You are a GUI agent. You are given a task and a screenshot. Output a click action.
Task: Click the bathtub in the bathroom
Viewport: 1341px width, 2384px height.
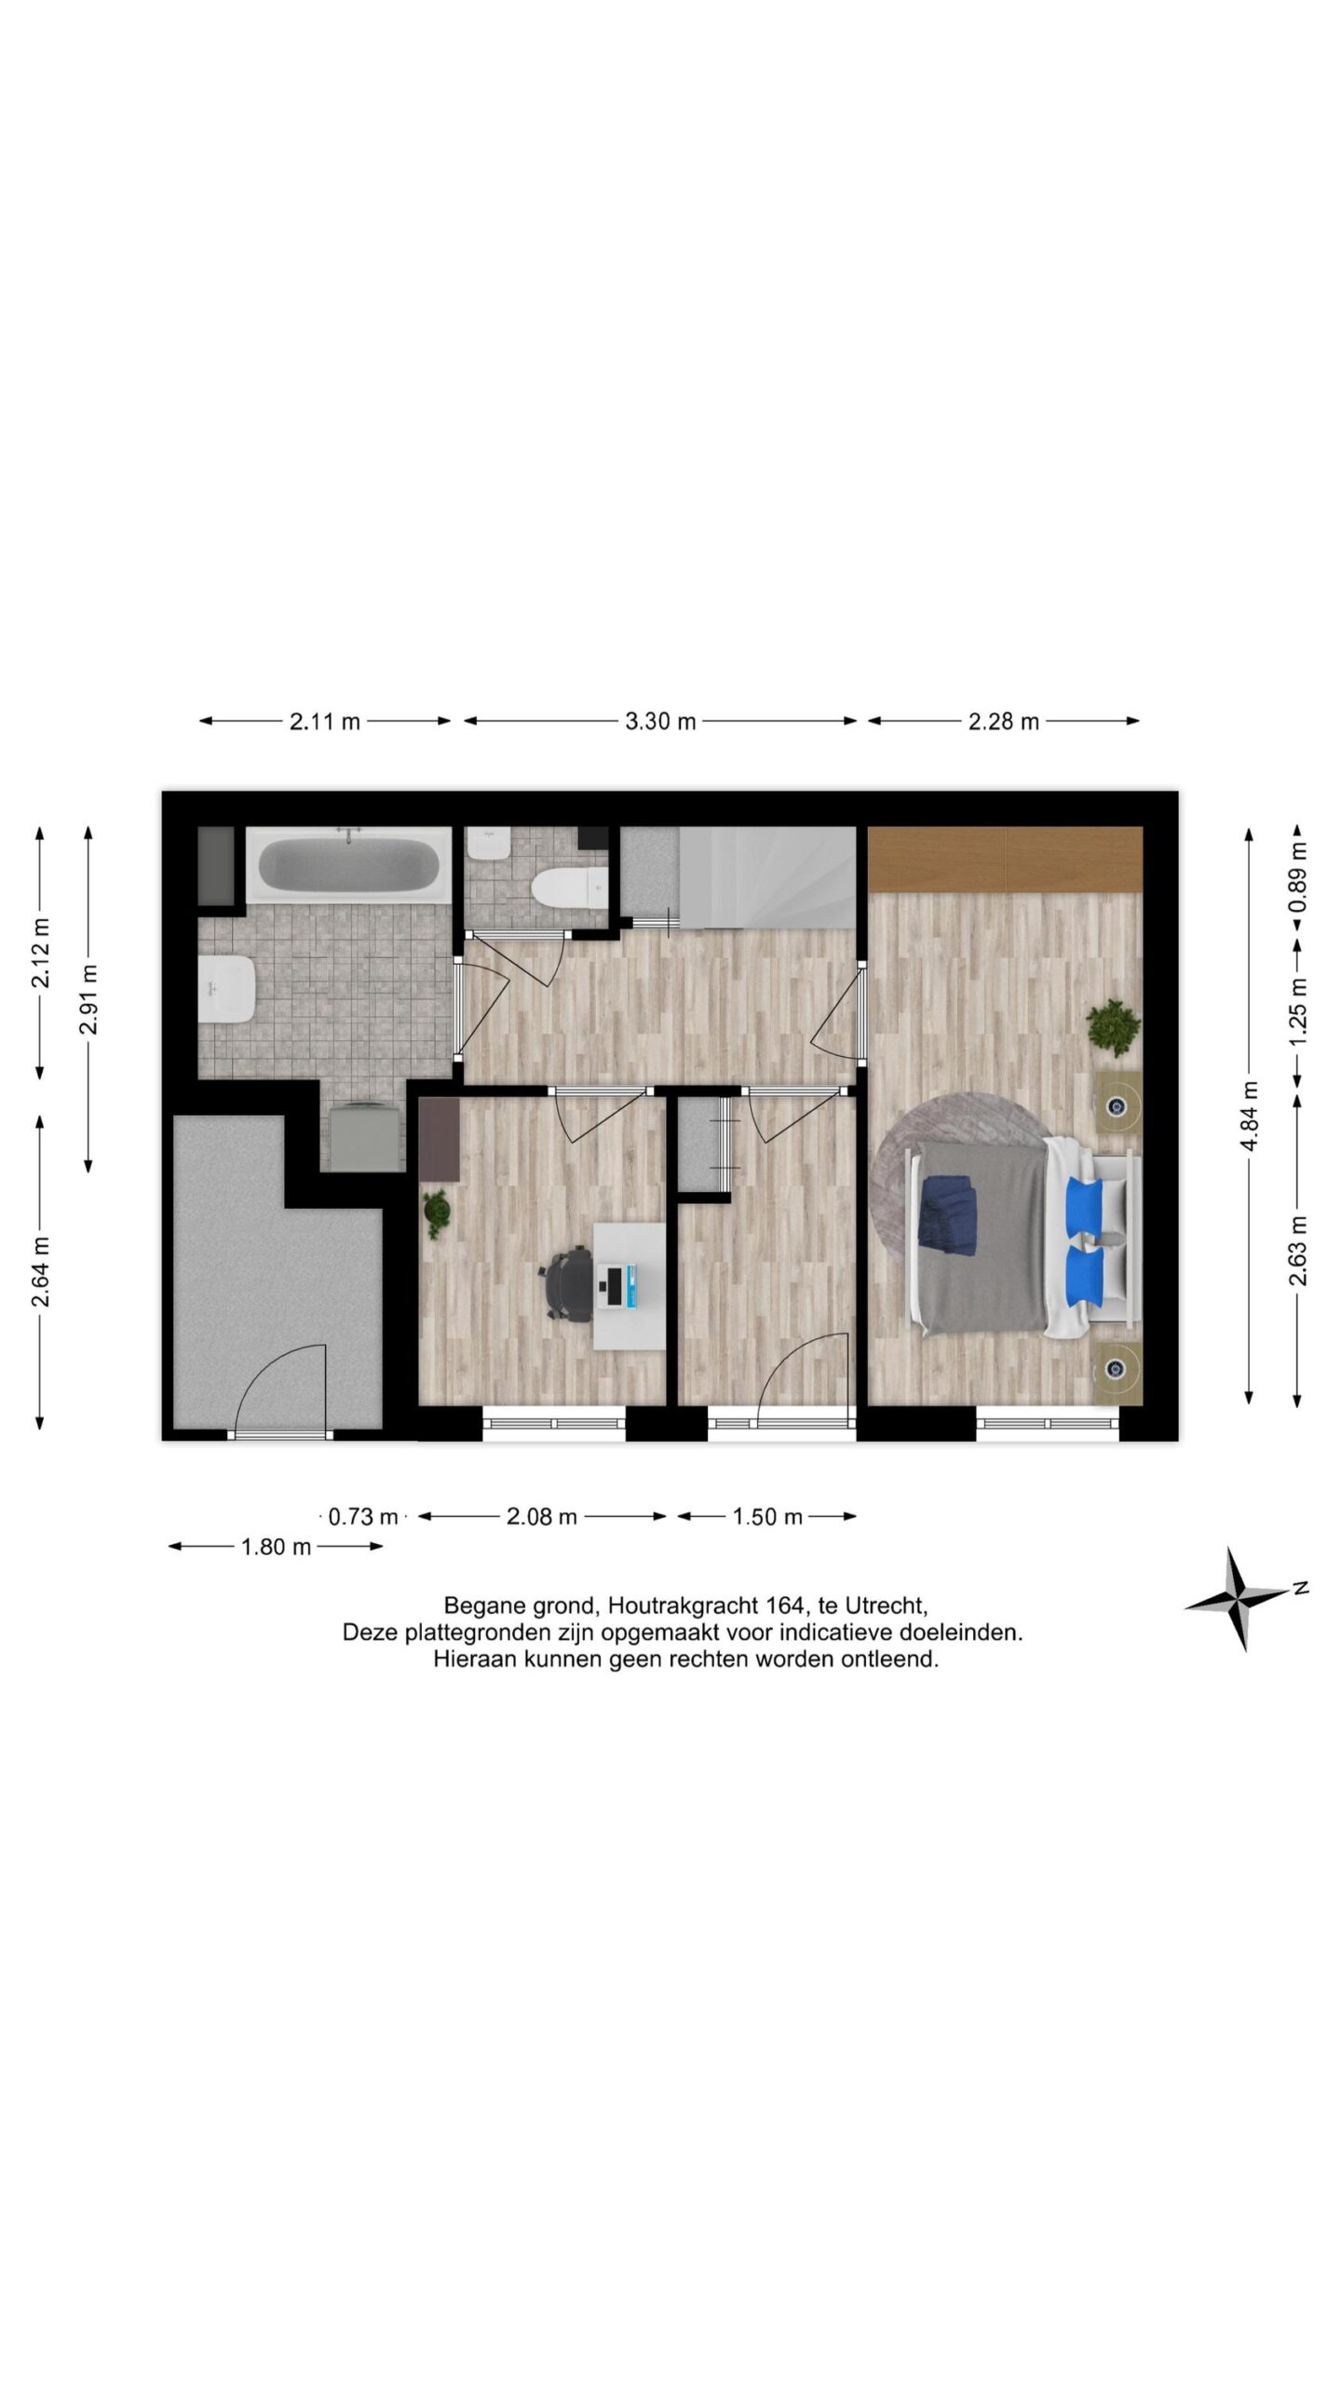348,865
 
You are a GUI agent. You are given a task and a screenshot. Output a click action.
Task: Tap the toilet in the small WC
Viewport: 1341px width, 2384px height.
568,887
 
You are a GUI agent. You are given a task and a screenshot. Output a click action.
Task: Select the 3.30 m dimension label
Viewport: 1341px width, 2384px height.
660,721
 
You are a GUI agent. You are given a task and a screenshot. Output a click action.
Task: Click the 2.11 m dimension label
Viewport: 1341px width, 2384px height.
324,721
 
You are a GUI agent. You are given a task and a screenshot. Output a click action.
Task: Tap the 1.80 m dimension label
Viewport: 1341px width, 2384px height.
276,1547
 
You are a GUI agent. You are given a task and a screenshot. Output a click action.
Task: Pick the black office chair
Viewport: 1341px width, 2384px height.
568,1285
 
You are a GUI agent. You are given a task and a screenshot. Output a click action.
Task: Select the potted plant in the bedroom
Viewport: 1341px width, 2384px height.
1114,1027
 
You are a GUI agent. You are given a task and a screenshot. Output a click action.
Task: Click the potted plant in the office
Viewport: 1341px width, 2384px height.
436,1213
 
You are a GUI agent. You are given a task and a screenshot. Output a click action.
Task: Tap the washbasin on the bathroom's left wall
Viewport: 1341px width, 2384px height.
225,990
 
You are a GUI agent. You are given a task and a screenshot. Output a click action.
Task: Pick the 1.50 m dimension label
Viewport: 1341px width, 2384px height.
767,1517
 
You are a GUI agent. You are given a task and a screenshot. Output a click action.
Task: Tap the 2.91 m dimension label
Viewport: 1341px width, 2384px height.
89,998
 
